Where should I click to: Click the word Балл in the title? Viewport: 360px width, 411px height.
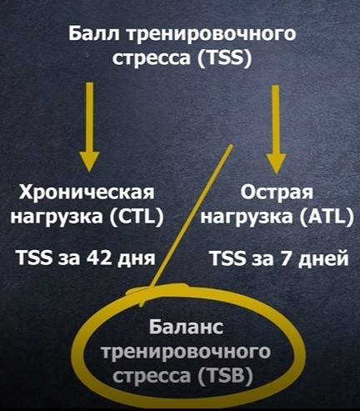pyautogui.click(x=94, y=33)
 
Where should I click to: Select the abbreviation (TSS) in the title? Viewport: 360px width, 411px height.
pyautogui.click(x=225, y=58)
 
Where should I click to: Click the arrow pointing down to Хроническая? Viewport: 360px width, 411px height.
pyautogui.click(x=89, y=127)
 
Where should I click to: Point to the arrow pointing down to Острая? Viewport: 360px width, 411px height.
pyautogui.click(x=276, y=129)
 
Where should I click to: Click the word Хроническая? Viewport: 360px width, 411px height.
pyautogui.click(x=87, y=193)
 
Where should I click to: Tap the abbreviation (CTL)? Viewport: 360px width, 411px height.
pyautogui.click(x=137, y=216)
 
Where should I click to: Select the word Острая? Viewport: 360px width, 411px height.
pyautogui.click(x=277, y=193)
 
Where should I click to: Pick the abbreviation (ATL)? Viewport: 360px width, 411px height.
pyautogui.click(x=327, y=216)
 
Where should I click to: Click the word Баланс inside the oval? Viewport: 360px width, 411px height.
pyautogui.click(x=186, y=326)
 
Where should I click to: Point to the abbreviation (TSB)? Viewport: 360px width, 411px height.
pyautogui.click(x=226, y=376)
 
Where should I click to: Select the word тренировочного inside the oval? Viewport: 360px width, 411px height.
pyautogui.click(x=186, y=353)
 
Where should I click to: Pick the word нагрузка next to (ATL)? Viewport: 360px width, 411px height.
pyautogui.click(x=247, y=218)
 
